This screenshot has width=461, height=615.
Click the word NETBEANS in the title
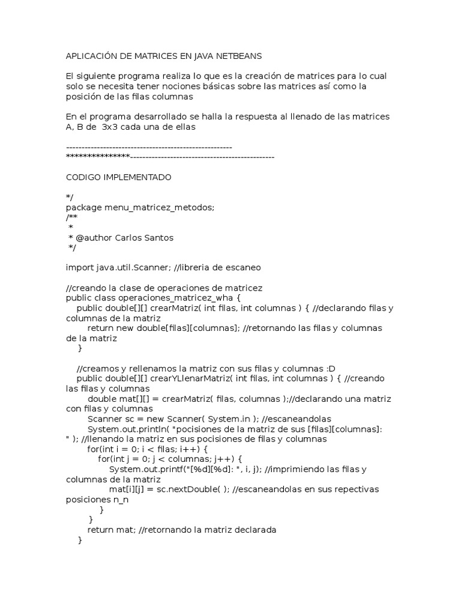[240, 56]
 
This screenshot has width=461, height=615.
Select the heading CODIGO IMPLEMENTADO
[118, 177]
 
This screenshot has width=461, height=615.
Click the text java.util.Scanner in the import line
[126, 267]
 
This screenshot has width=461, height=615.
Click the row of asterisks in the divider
[97, 157]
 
